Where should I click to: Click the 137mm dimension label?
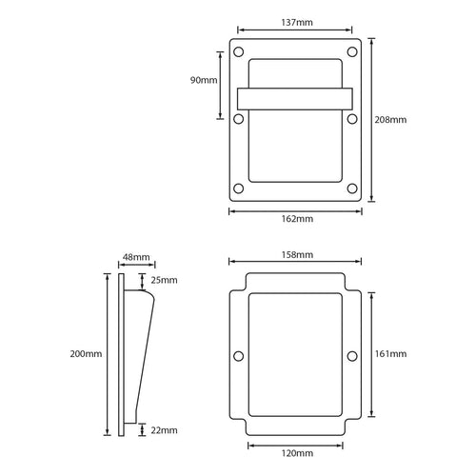[x=295, y=20]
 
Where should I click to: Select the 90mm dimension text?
[x=203, y=81]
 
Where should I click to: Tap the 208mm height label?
[x=392, y=120]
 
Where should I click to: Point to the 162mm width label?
[x=296, y=218]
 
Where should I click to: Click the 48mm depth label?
[x=136, y=257]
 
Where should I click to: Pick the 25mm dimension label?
[x=164, y=280]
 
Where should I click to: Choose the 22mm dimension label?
[x=164, y=430]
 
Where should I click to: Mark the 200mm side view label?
[x=86, y=354]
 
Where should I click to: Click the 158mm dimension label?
[x=296, y=255]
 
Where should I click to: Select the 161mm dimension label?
[x=392, y=354]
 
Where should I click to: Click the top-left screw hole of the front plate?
[x=239, y=50]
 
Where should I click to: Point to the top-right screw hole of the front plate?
[x=352, y=50]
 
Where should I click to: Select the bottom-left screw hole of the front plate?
[x=239, y=188]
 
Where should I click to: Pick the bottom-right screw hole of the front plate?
[x=352, y=188]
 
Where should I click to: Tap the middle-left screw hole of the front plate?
[x=239, y=119]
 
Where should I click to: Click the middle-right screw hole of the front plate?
[x=352, y=119]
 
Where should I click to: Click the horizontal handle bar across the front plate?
[x=295, y=99]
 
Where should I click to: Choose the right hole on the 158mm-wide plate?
[x=352, y=356]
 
